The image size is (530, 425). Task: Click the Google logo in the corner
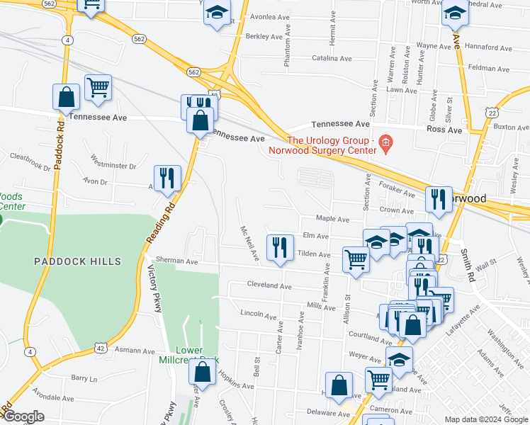pos(23,416)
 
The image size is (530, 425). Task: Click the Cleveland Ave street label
pos(269,286)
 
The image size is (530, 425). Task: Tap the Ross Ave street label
pos(444,130)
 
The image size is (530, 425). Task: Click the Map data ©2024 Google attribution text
pos(485,419)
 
